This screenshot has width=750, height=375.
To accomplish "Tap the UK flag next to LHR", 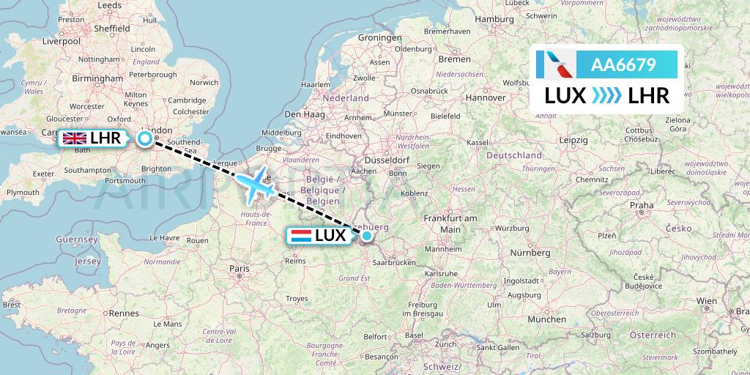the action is click(x=75, y=138).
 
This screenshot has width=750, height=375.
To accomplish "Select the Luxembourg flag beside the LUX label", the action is click(x=300, y=236).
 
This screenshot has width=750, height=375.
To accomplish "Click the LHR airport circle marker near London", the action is click(x=145, y=138).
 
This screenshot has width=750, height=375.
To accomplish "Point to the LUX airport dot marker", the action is click(x=367, y=235).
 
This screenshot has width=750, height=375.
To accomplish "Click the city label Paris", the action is click(x=240, y=269).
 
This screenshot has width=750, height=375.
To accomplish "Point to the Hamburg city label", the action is click(x=494, y=18).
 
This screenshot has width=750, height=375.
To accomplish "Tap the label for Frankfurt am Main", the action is click(x=450, y=223).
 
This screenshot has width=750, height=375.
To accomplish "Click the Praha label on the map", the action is click(x=641, y=205).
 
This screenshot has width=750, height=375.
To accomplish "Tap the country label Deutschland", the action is click(x=516, y=155).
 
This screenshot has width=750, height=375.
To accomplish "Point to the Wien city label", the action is click(x=706, y=301).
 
